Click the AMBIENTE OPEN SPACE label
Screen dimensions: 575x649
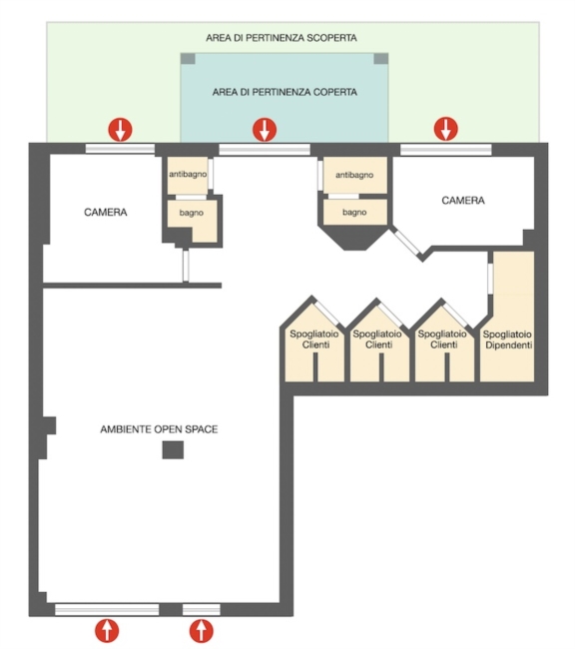coord(159,429)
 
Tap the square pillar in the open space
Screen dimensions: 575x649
coord(173,450)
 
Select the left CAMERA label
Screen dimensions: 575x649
coord(106,213)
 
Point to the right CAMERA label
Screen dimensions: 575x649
coord(463,201)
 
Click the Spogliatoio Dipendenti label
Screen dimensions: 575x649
coord(507,339)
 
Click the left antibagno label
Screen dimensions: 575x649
coord(188,175)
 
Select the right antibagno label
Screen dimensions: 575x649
coord(354,175)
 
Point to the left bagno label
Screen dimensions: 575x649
coord(192,213)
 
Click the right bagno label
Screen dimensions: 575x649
coord(354,213)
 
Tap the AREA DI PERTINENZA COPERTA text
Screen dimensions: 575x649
coord(285,92)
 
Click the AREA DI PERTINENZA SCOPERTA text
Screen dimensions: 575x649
coord(282,38)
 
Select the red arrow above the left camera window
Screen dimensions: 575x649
coord(120,129)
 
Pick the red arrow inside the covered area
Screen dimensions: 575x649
coord(265,129)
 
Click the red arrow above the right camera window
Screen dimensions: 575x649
coord(446,129)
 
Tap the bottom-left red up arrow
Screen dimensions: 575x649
coord(107,631)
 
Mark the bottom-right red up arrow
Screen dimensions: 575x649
coord(202,631)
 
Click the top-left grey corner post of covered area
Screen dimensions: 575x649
coord(188,58)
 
